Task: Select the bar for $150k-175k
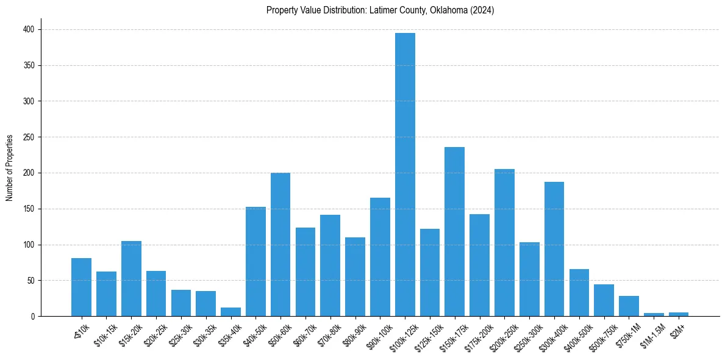pos(455,232)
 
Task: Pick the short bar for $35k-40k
pos(230,312)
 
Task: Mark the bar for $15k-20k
pos(131,279)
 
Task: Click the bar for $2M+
pos(679,314)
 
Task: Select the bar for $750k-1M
pos(629,306)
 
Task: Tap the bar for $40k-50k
pos(255,262)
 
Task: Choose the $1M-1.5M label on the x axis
pos(650,333)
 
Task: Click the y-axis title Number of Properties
pos(9,168)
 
